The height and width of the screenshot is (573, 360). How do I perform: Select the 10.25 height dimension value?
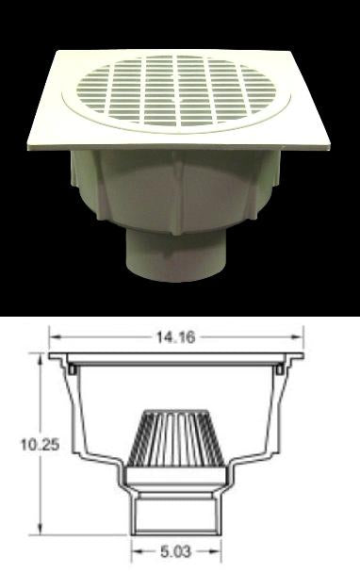pyautogui.click(x=40, y=445)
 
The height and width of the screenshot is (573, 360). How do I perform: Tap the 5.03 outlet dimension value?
pyautogui.click(x=176, y=551)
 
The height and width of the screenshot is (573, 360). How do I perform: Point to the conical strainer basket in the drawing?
pyautogui.click(x=176, y=438)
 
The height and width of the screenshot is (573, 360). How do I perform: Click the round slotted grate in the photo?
pyautogui.click(x=176, y=93)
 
